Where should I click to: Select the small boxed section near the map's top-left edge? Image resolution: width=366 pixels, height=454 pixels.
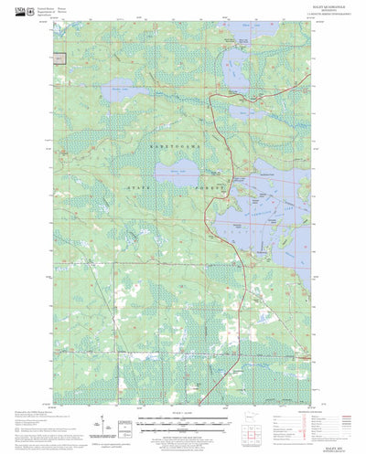point(59,58)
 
